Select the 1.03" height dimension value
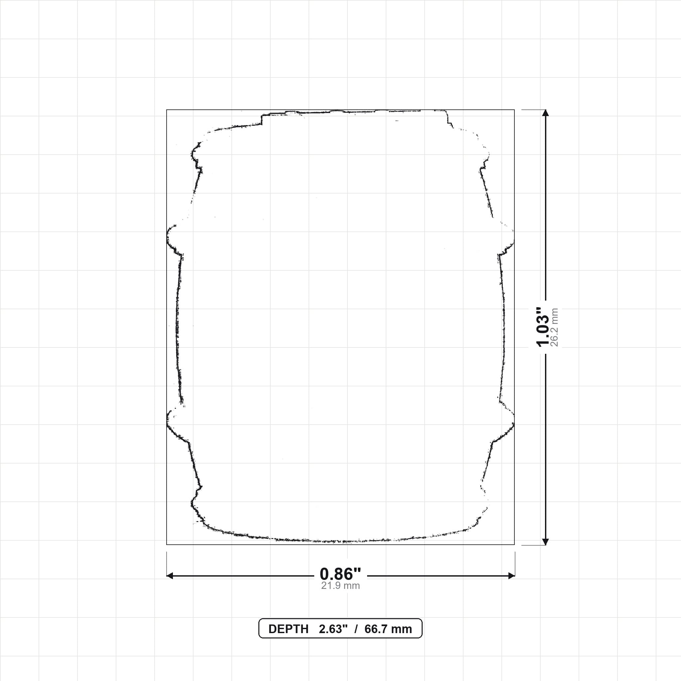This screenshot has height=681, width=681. point(542,327)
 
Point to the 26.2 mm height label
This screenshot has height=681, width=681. point(554,327)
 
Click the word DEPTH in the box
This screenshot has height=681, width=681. point(288,629)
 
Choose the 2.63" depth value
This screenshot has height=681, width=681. point(333,629)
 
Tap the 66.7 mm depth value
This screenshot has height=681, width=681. point(388,629)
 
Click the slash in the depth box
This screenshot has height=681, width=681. point(356,629)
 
